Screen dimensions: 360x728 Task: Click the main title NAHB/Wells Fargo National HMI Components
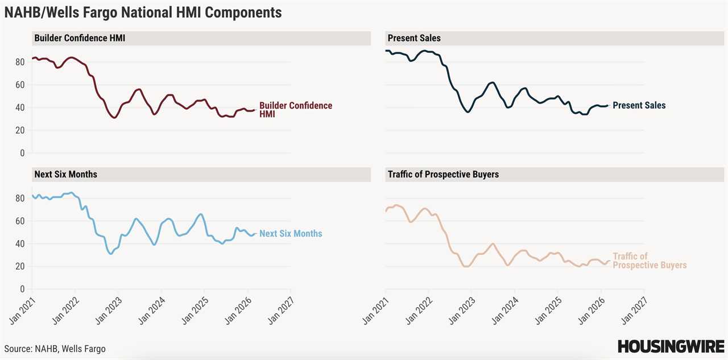tap(143, 12)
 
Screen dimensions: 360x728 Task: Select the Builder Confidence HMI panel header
tap(80, 38)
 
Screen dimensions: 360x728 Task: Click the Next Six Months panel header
tap(65, 174)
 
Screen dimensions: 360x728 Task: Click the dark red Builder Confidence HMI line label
tap(295, 110)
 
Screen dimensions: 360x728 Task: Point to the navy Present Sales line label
tap(638, 105)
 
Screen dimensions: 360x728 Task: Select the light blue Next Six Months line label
tap(290, 234)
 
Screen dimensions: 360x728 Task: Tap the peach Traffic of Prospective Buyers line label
tap(649, 261)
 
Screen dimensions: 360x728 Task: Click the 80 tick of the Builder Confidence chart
tap(20, 62)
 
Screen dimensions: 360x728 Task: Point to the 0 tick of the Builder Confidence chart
tap(23, 153)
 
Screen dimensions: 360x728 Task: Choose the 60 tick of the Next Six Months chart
tap(20, 221)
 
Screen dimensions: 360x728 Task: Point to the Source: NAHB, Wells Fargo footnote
tap(55, 349)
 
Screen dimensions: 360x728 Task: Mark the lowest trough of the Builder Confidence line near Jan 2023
tap(114, 118)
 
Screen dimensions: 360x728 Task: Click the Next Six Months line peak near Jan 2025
tap(201, 214)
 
